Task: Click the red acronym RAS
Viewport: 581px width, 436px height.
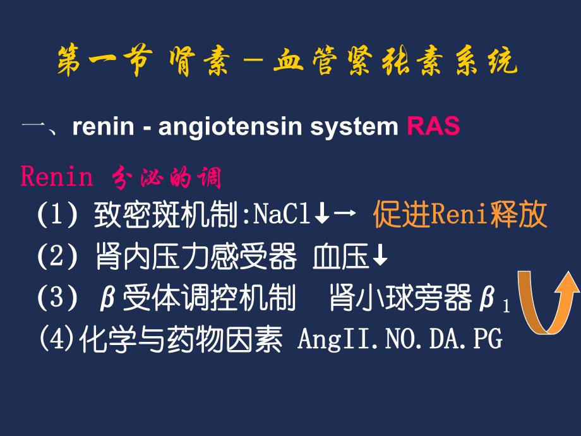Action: coord(433,127)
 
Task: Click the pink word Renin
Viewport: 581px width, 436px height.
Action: coord(57,178)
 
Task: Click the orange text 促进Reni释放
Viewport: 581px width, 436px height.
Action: coord(459,215)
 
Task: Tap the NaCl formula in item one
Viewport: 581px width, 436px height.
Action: coord(282,215)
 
